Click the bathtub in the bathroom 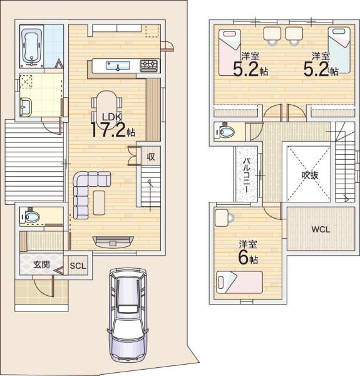click(31, 46)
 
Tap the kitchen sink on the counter click(118, 65)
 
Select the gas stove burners click(149, 65)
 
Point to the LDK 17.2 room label click(113, 125)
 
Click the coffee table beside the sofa click(99, 202)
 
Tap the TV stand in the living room click(113, 242)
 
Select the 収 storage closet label click(151, 157)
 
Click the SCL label click(78, 266)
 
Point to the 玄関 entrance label click(41, 264)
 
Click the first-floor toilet click(31, 217)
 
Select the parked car click(128, 315)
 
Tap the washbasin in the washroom click(26, 107)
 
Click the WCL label click(321, 229)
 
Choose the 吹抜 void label click(310, 175)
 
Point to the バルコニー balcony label click(247, 175)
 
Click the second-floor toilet click(225, 131)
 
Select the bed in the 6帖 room click(239, 282)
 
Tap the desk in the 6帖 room click(222, 217)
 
